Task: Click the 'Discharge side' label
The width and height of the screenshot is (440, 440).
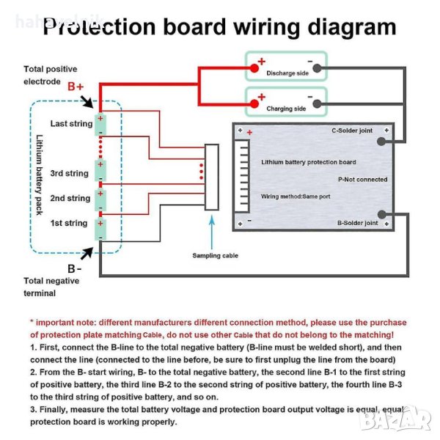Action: (287, 73)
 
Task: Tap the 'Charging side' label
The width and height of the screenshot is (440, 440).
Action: (285, 109)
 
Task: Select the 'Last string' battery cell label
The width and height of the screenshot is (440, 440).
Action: (71, 124)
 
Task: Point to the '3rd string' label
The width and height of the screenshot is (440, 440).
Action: (69, 174)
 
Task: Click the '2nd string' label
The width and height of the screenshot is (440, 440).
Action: (70, 198)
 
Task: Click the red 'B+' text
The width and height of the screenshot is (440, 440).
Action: (76, 87)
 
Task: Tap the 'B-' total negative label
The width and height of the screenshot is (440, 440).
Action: (73, 268)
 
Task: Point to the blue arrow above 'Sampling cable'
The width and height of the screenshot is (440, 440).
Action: (213, 233)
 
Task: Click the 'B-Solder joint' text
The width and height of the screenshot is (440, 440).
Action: (357, 222)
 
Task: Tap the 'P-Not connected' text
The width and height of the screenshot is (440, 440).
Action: (362, 179)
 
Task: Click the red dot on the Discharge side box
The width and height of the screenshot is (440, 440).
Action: (254, 67)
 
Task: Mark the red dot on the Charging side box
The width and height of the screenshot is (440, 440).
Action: (254, 103)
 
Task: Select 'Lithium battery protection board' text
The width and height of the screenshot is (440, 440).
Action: (308, 162)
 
